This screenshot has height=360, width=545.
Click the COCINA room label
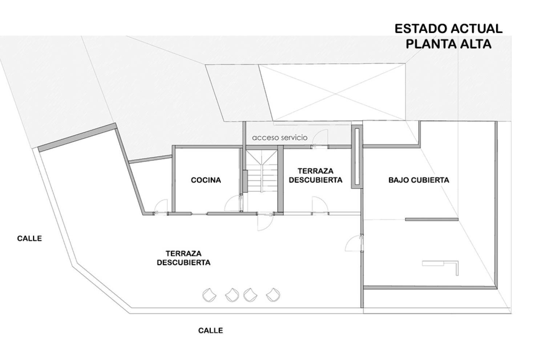tap(206, 180)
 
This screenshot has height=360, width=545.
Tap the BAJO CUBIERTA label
tap(419, 180)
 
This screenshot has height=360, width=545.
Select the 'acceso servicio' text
tap(279, 137)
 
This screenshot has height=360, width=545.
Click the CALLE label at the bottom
tap(210, 330)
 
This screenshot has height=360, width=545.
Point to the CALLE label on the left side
tap(29, 238)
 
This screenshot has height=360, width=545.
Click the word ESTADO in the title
tap(421, 29)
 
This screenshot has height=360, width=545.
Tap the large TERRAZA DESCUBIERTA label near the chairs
tap(184, 258)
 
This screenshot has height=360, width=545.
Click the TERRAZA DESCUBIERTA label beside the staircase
tap(316, 175)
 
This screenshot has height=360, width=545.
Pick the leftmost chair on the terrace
tap(209, 295)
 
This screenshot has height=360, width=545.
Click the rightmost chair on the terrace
tap(273, 295)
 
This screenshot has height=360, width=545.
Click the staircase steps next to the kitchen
tap(262, 171)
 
